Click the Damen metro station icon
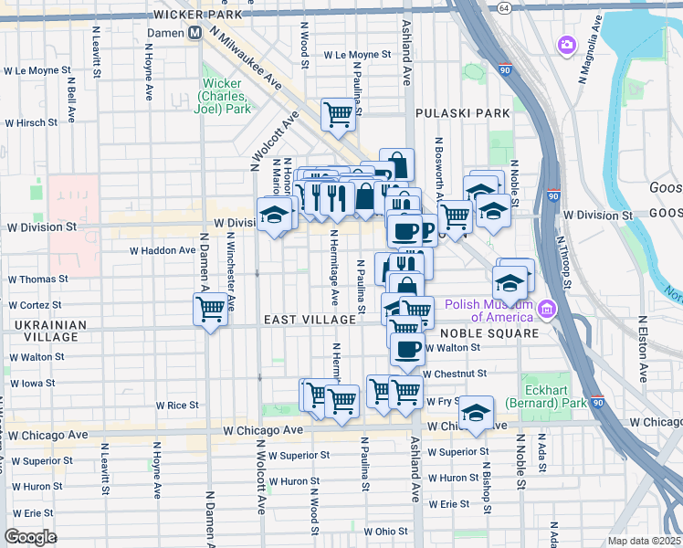pyautogui.click(x=194, y=33)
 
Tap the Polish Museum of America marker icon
pyautogui.click(x=547, y=311)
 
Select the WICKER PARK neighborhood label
pyautogui.click(x=198, y=15)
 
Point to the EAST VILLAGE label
pyautogui.click(x=310, y=320)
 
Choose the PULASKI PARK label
pyautogui.click(x=461, y=113)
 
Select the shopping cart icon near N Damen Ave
pyautogui.click(x=211, y=309)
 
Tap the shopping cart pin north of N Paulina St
pyautogui.click(x=338, y=116)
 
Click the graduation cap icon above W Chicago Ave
pyautogui.click(x=476, y=413)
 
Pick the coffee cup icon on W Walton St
pyautogui.click(x=407, y=348)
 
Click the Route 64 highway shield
pyautogui.click(x=504, y=7)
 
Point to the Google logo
pyautogui.click(x=30, y=537)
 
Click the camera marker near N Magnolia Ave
pyautogui.click(x=567, y=44)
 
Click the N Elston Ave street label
pyautogui.click(x=643, y=349)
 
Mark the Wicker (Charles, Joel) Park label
pyautogui.click(x=222, y=96)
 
